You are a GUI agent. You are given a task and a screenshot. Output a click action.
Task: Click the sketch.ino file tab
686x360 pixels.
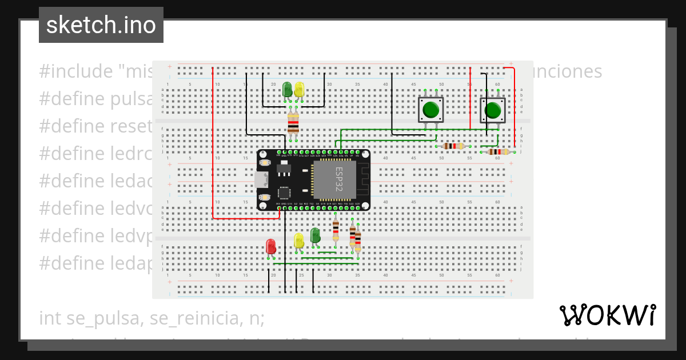pyautogui.click(x=101, y=25)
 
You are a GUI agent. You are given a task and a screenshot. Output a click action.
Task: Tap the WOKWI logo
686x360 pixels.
pyautogui.click(x=607, y=315)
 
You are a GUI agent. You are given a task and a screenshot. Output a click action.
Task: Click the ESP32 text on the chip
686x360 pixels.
pyautogui.click(x=338, y=179)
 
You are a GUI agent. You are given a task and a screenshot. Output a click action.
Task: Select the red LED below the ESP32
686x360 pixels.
pyautogui.click(x=271, y=246)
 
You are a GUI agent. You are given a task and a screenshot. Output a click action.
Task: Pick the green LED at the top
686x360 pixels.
pyautogui.click(x=287, y=89)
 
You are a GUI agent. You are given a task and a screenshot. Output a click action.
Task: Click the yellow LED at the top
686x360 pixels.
pyautogui.click(x=299, y=89)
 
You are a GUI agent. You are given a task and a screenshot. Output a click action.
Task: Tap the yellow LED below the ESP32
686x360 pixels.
pyautogui.click(x=298, y=241)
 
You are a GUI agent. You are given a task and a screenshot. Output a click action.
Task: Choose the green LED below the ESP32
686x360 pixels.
pyautogui.click(x=315, y=235)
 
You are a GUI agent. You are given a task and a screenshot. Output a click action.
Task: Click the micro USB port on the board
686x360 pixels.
pyautogui.click(x=261, y=179)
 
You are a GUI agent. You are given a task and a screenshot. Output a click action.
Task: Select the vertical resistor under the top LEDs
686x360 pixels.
pyautogui.click(x=293, y=122)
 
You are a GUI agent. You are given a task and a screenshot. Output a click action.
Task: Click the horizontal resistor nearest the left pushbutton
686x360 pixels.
pyautogui.click(x=453, y=146)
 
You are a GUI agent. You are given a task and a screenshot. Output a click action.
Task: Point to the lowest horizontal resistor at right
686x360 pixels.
pyautogui.click(x=499, y=152)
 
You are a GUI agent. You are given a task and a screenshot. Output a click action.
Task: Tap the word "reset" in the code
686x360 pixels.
pyautogui.click(x=135, y=126)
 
